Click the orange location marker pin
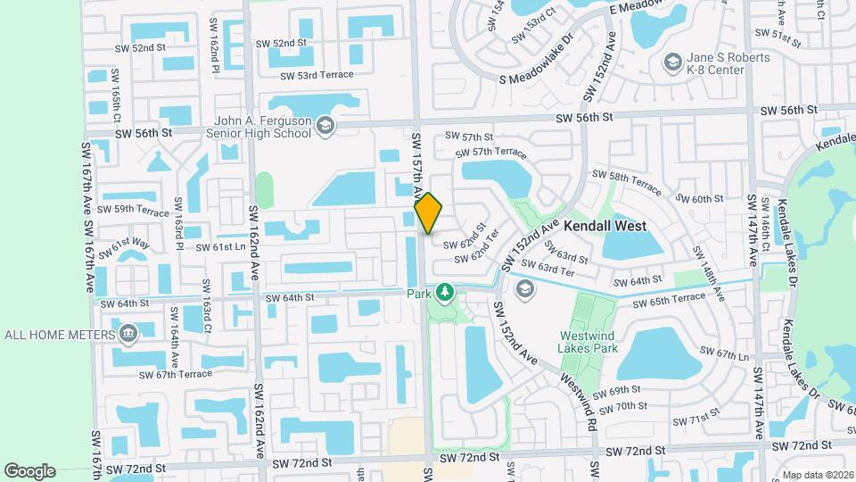(x=428, y=213)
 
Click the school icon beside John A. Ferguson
(x=325, y=126)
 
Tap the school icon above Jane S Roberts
(x=672, y=62)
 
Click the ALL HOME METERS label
(x=60, y=335)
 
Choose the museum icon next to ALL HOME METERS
(x=128, y=335)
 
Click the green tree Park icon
(x=444, y=292)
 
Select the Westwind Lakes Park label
(x=589, y=342)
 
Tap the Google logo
(x=29, y=470)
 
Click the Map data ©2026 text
(x=817, y=475)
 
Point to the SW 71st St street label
(x=695, y=418)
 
